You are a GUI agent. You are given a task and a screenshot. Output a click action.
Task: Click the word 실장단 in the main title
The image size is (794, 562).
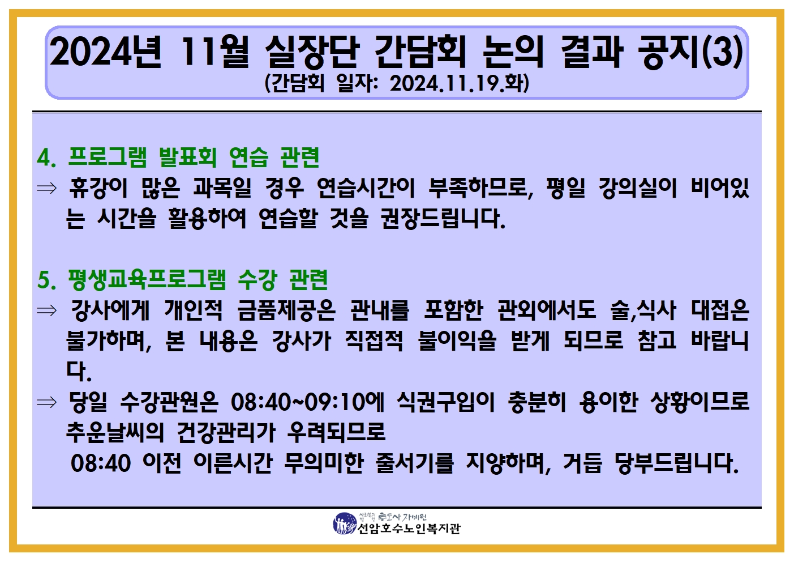coord(312,52)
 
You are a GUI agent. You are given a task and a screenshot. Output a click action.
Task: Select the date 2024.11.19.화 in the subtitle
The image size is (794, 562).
coord(460,84)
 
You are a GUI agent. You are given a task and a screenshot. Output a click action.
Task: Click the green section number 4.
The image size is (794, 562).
coord(46,157)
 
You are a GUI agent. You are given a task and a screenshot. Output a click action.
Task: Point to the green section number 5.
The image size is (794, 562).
coord(46,280)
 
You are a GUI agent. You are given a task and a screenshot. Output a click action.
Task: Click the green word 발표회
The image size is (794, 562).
coord(187,157)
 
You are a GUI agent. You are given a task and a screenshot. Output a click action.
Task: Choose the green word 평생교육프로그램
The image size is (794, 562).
coord(147,280)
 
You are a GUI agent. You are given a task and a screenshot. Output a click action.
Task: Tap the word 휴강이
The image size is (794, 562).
coord(98,188)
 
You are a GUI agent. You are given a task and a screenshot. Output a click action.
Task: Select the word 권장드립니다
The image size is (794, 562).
coord(443,218)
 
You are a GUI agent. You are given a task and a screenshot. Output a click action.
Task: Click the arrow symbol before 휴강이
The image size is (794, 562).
coord(46,188)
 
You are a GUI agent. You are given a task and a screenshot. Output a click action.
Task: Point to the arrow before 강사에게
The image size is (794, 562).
coord(46,311)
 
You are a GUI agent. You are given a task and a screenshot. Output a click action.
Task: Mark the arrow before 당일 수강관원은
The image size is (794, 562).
coord(46,402)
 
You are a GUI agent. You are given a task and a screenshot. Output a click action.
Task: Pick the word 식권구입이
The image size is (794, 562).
coord(445,402)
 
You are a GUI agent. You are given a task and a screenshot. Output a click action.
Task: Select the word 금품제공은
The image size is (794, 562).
coord(286,310)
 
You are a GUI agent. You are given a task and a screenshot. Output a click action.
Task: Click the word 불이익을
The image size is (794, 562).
coord(457,341)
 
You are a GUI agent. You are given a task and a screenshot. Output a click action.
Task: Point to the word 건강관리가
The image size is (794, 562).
coord(226,433)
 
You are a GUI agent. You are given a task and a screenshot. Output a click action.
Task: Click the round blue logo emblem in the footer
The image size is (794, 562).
coord(345,523)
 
